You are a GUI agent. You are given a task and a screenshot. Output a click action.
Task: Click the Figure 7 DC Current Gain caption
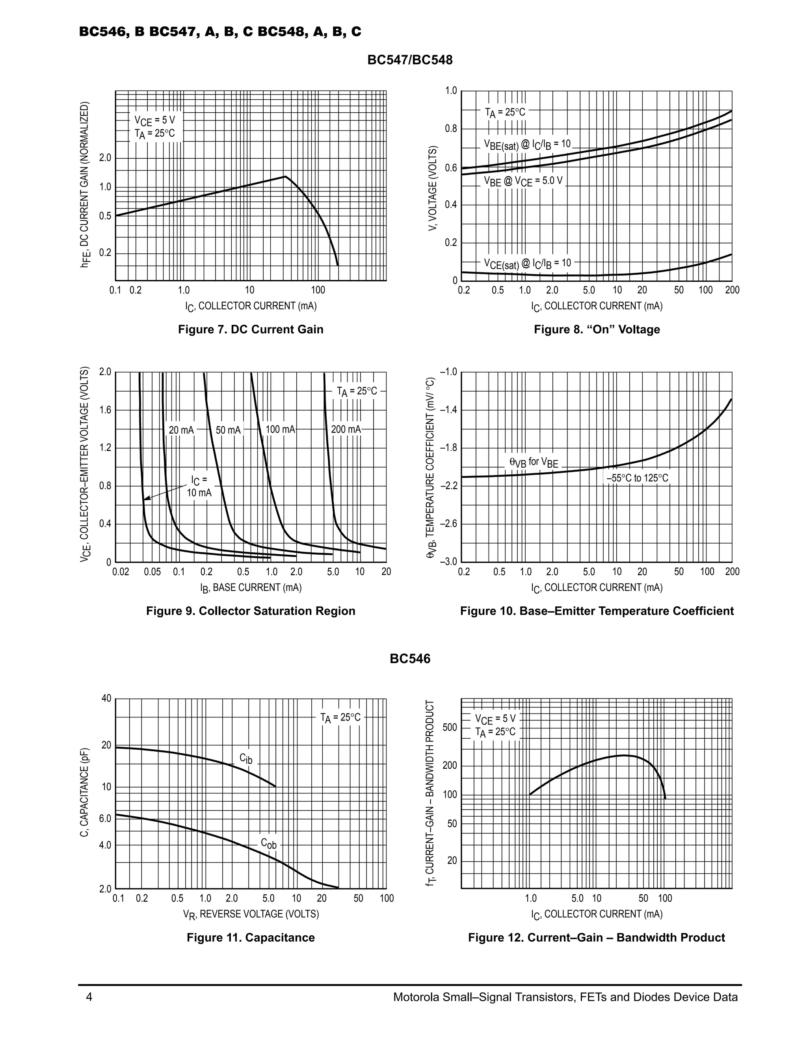click(x=251, y=329)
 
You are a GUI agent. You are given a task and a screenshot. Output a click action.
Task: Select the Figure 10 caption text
click(x=597, y=611)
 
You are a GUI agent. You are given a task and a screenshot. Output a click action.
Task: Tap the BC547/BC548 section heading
click(x=410, y=60)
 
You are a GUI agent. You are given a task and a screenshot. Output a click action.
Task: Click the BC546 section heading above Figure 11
click(x=410, y=659)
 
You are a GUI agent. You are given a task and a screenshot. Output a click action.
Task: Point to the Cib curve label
click(x=246, y=759)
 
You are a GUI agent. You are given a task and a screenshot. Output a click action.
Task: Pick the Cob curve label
click(x=268, y=843)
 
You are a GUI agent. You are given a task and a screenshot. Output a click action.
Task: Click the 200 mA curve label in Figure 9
click(x=346, y=429)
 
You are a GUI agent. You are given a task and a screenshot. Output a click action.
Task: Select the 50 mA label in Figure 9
click(x=228, y=430)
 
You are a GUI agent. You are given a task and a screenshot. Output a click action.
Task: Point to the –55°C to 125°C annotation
click(x=637, y=478)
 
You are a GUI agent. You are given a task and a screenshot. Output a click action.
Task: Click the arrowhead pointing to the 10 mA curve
click(x=145, y=500)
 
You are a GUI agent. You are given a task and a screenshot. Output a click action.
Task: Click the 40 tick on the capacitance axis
click(x=106, y=698)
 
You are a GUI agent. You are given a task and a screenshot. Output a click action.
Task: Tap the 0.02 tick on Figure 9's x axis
click(x=121, y=572)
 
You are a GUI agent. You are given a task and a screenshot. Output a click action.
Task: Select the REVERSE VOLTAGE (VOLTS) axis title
click(x=251, y=914)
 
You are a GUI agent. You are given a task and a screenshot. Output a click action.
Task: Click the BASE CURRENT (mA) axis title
click(x=251, y=587)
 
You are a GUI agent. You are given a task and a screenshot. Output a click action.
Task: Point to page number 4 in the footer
click(x=89, y=997)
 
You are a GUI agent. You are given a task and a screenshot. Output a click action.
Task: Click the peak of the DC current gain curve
click(x=285, y=176)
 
